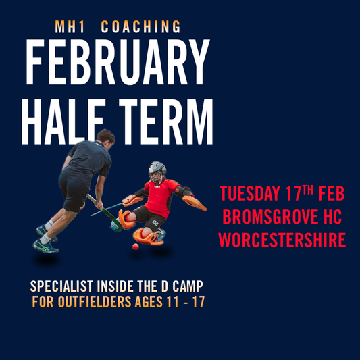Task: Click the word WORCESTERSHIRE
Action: (282, 240)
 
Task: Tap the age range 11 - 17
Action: (184, 301)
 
